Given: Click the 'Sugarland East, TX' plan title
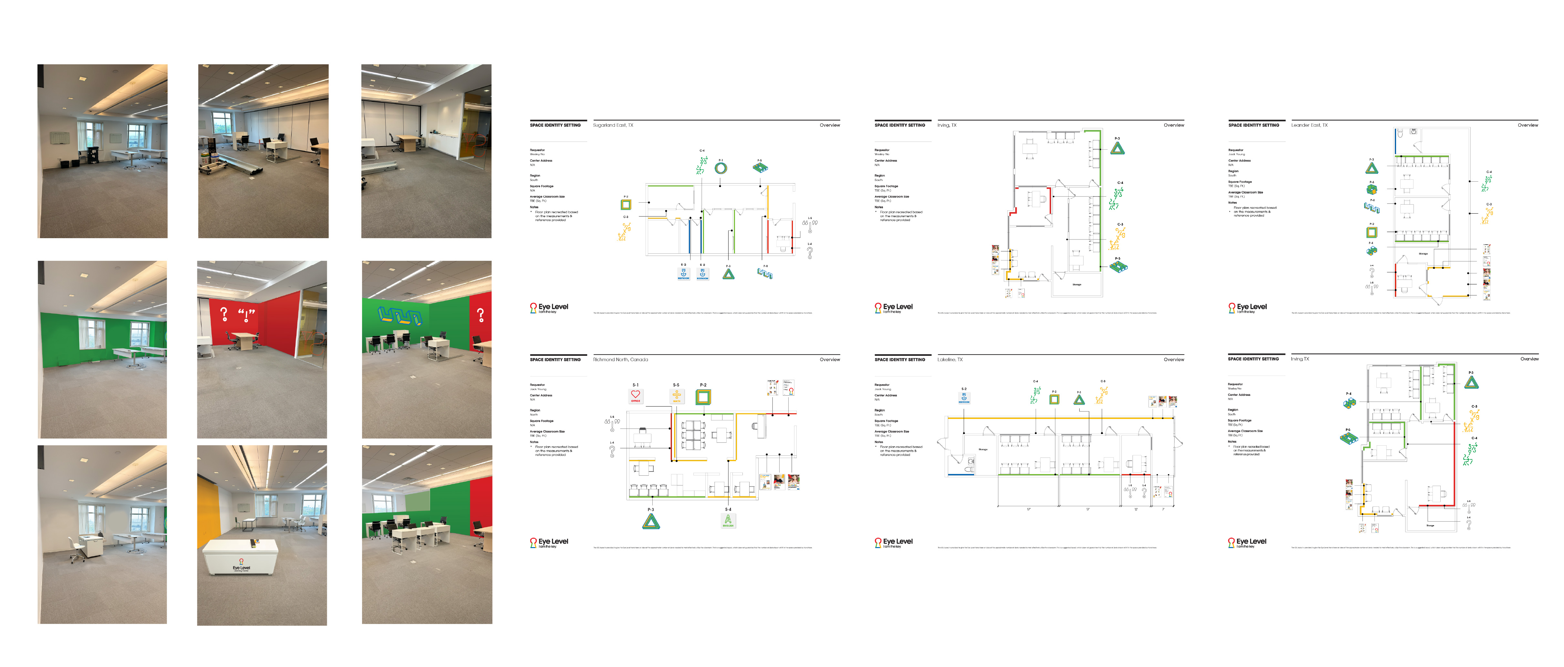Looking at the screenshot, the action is (x=613, y=125).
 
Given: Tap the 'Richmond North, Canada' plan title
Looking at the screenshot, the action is (x=620, y=360).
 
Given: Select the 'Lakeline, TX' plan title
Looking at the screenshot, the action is (x=949, y=360).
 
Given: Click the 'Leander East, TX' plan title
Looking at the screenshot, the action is (x=1309, y=125).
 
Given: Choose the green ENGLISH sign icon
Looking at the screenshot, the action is (x=728, y=521).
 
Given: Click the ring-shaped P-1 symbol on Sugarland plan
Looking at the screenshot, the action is (x=721, y=168).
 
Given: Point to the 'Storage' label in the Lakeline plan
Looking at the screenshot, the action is (x=983, y=450).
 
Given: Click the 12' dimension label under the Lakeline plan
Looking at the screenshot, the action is (x=1136, y=509).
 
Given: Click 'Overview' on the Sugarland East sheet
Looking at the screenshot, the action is (x=829, y=125).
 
